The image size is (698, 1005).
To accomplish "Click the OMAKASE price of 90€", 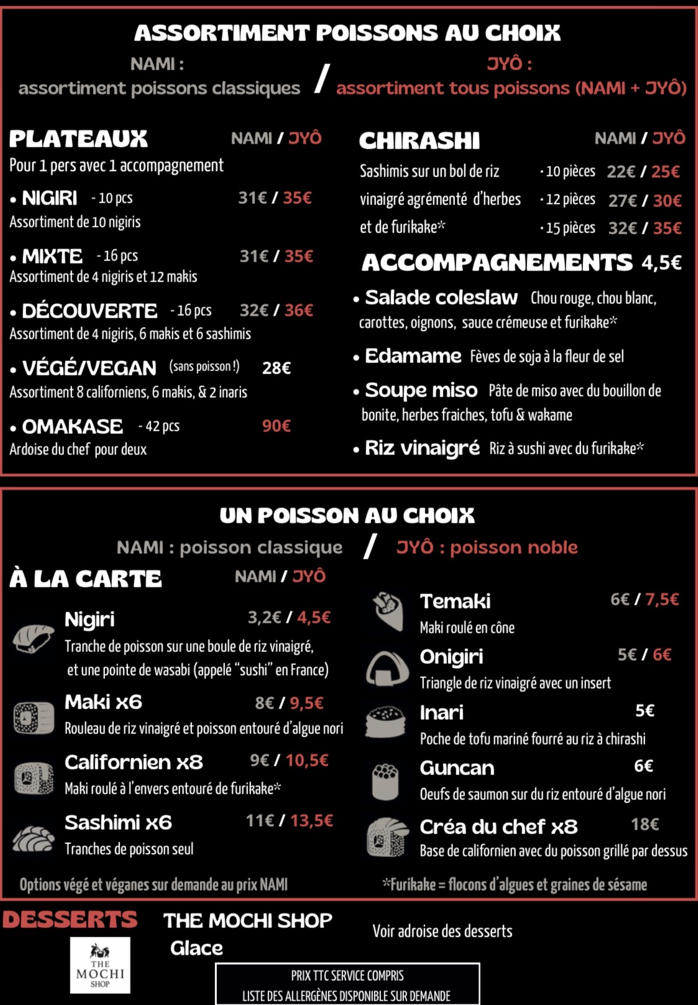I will (x=277, y=426).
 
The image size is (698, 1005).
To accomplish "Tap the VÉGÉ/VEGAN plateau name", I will (x=89, y=368).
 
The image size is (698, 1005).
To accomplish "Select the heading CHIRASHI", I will (x=420, y=140).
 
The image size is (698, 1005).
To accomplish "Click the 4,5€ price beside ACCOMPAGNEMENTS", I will (x=661, y=263).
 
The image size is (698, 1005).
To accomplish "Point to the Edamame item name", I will (x=413, y=356).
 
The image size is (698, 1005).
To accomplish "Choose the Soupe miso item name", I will (x=421, y=390).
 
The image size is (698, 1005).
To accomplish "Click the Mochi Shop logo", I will (x=100, y=965).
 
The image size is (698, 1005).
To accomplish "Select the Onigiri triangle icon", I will (x=387, y=668).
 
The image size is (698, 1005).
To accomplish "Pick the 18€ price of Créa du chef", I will (x=645, y=825).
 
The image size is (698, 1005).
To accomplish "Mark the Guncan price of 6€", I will (x=643, y=766).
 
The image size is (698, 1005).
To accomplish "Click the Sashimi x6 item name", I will (x=118, y=823).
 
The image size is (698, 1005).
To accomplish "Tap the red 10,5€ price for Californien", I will (x=307, y=761).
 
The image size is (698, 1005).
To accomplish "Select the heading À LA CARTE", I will (x=86, y=579).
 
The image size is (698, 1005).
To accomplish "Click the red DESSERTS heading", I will (x=70, y=919).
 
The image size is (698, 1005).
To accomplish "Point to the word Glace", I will (x=196, y=948).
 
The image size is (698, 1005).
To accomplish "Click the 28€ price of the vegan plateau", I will (x=277, y=368).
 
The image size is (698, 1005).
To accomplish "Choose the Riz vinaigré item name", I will (x=422, y=448).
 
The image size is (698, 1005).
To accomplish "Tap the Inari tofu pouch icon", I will (x=385, y=722).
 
